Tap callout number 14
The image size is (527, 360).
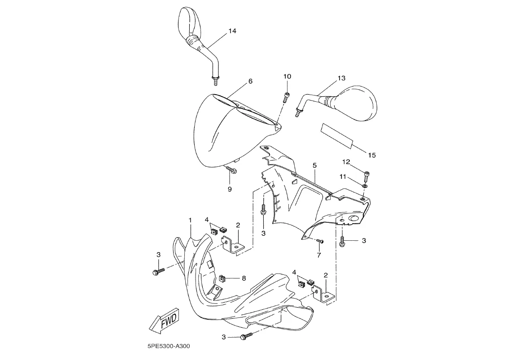(x=232, y=31)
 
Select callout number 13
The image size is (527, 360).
(x=341, y=78)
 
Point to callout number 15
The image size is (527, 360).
(x=372, y=155)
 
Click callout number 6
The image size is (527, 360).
(x=250, y=81)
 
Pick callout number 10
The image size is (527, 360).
(x=287, y=77)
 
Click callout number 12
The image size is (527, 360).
(x=346, y=162)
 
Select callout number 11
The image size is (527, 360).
(x=343, y=177)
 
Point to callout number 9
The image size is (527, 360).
(x=230, y=189)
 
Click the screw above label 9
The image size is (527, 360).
(x=231, y=169)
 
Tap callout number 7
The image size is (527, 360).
(x=318, y=255)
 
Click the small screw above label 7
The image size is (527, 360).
(x=320, y=241)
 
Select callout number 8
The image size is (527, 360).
(x=244, y=278)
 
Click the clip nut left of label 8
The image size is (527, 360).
(x=222, y=278)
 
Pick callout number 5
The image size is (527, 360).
(x=314, y=165)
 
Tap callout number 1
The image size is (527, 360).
(x=190, y=220)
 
